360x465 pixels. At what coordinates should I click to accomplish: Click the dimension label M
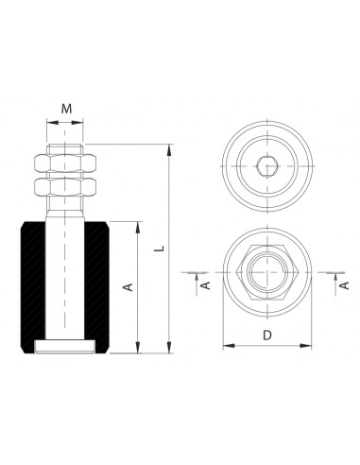point(66,109)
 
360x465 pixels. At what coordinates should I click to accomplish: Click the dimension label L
point(161,248)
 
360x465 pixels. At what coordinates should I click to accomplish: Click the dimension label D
point(267,336)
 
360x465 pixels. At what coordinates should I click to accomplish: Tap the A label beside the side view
point(129,287)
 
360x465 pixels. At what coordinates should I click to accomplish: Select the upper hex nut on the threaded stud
point(65,164)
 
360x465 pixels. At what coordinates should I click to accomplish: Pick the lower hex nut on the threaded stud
point(65,187)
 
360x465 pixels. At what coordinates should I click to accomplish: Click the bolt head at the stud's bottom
point(65,347)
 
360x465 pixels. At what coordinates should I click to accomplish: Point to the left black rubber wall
point(33,286)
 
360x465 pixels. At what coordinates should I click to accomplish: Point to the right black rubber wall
point(96,286)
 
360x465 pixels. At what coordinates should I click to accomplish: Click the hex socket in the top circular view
point(267,166)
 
